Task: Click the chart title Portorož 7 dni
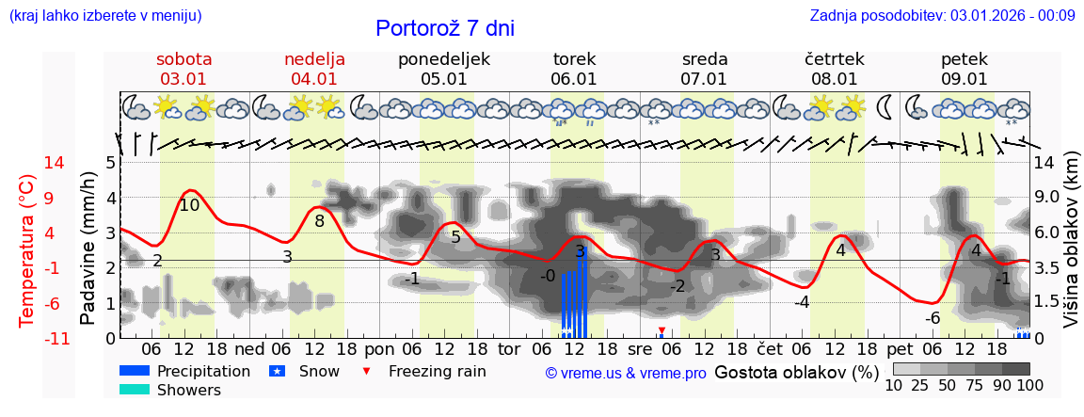pyautogui.click(x=444, y=28)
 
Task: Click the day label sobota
pyautogui.click(x=184, y=59)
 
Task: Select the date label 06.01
pyautogui.click(x=574, y=79)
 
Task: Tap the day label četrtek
pyautogui.click(x=835, y=59)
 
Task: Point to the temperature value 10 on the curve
pyautogui.click(x=189, y=205)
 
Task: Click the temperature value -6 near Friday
pyautogui.click(x=933, y=318)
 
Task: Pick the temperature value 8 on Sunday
pyautogui.click(x=320, y=221)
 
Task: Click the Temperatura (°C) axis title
pyautogui.click(x=27, y=250)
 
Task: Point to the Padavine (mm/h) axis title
pyautogui.click(x=89, y=249)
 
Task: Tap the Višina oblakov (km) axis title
pyautogui.click(x=1072, y=249)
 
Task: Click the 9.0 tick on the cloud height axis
pyautogui.click(x=1048, y=198)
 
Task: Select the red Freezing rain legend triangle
pyautogui.click(x=367, y=371)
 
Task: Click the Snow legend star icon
pyautogui.click(x=278, y=371)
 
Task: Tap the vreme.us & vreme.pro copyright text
pyautogui.click(x=626, y=373)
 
